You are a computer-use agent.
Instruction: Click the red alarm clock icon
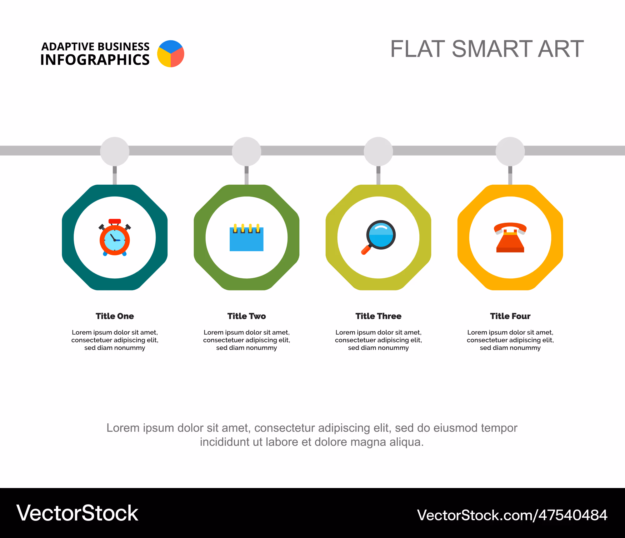click(115, 237)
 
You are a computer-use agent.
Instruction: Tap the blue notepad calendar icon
click(247, 237)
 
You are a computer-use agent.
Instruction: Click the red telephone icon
click(510, 237)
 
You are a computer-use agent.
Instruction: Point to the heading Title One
click(115, 316)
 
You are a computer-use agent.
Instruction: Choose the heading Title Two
click(247, 316)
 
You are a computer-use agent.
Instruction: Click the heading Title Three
click(378, 316)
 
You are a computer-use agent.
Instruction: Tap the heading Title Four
click(510, 316)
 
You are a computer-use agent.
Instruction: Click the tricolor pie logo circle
click(171, 54)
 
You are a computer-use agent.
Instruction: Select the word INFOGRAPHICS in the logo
click(95, 60)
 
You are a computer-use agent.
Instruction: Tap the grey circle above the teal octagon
click(115, 152)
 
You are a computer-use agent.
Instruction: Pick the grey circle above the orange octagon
click(510, 152)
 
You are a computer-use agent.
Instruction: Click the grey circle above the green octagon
click(247, 152)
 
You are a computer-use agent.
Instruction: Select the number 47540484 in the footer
click(573, 515)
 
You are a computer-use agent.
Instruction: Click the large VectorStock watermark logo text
click(77, 513)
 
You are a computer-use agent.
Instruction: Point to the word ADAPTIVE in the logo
click(67, 47)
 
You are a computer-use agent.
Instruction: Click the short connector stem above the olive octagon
click(378, 175)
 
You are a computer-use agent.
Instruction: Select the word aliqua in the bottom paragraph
click(406, 442)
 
